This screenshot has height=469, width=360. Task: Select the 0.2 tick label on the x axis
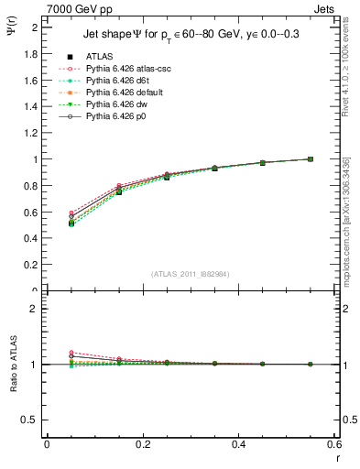click(142, 444)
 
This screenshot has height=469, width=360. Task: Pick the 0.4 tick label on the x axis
click(238, 444)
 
